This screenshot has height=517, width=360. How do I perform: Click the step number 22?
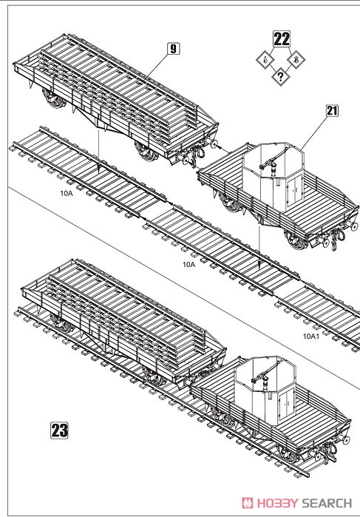[281, 40]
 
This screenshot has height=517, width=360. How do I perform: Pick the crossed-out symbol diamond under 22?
[296, 59]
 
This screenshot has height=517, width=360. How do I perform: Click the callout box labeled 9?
[173, 50]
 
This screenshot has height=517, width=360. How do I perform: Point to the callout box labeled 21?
[331, 111]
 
